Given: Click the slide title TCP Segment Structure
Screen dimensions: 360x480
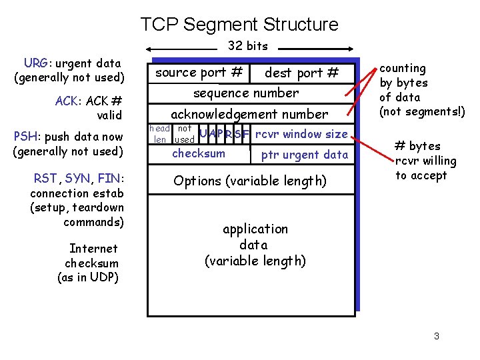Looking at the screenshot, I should [x=239, y=25].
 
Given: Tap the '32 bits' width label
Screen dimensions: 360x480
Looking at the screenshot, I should [x=247, y=46].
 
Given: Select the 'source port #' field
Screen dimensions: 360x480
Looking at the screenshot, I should [x=199, y=72].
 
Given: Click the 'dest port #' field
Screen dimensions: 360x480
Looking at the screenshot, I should [x=301, y=73].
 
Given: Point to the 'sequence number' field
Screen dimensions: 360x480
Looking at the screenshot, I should [x=245, y=93].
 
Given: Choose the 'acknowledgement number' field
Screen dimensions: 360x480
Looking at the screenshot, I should [x=249, y=114].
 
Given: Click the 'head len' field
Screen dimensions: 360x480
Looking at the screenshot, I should [x=159, y=134].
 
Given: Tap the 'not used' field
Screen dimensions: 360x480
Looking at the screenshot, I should [x=184, y=134].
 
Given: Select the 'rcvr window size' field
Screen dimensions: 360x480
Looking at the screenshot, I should [x=301, y=134].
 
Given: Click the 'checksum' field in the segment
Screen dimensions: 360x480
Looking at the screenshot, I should [x=199, y=154].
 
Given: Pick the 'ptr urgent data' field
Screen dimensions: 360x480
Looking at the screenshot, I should [x=304, y=155].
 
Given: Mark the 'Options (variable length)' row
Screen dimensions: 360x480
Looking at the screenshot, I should [x=249, y=181].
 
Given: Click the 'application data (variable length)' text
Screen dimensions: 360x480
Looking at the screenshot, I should [x=255, y=245].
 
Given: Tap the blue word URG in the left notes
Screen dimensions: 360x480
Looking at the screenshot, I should [x=35, y=63].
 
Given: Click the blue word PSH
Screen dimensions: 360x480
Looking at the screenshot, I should [x=25, y=137].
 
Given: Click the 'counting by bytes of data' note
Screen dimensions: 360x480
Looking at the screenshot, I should [x=421, y=90].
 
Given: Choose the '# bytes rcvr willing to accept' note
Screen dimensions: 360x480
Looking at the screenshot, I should [x=425, y=161].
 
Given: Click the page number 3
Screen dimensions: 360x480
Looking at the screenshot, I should [x=436, y=336].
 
